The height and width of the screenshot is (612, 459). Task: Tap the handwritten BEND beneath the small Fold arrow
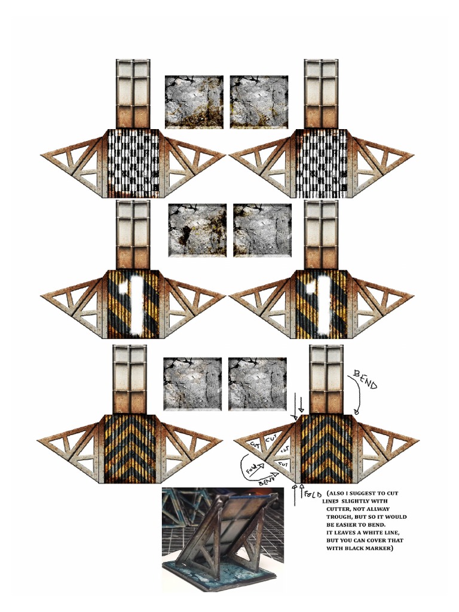point(266,480)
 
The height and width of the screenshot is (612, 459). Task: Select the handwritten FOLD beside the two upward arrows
point(314,495)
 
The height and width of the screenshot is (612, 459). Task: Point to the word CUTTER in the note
point(341,509)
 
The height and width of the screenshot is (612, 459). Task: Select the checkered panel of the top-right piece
point(320,163)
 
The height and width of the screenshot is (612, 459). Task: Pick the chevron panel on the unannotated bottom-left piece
point(130,448)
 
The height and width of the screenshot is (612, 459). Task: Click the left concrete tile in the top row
point(194,102)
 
